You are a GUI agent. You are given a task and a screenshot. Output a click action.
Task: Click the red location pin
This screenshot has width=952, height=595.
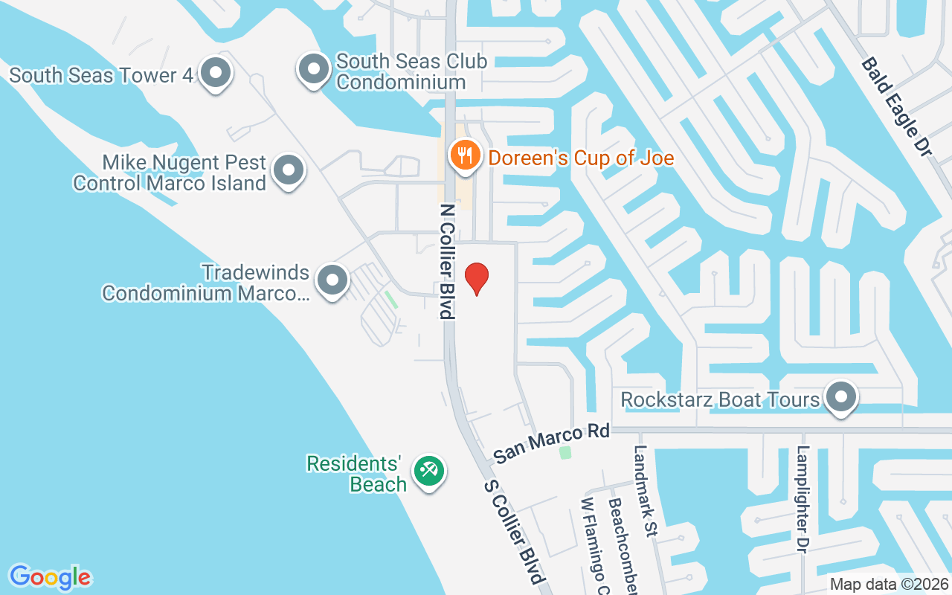click(x=476, y=278)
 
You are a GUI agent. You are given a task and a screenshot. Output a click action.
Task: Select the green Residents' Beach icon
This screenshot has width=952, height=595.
click(x=429, y=471)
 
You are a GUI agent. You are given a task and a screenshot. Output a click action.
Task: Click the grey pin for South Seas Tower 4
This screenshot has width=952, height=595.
click(x=216, y=74)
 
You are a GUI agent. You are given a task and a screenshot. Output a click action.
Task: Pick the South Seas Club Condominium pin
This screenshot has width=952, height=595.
click(x=314, y=69)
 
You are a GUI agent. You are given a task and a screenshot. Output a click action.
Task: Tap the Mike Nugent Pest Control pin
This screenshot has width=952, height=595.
click(x=288, y=170)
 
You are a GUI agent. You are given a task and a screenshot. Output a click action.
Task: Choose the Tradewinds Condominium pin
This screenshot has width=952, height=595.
click(x=332, y=281)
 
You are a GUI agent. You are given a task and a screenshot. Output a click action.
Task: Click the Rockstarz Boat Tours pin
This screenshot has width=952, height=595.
click(x=841, y=397)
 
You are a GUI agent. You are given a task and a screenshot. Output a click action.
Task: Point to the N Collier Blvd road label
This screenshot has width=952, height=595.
click(x=447, y=261)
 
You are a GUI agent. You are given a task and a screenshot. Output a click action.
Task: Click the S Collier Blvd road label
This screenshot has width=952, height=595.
click(x=515, y=531)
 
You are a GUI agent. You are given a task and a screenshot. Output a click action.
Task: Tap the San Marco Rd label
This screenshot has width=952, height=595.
click(x=551, y=443)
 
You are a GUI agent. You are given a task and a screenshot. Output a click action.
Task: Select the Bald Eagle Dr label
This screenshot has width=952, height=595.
click(x=896, y=107)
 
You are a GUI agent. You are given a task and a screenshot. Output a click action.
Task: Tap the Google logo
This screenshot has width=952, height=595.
click(x=50, y=576)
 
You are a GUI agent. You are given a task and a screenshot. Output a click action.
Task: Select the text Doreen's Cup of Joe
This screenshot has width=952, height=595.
click(x=581, y=158)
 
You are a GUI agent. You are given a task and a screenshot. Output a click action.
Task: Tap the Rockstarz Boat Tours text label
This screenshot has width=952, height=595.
click(x=720, y=399)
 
